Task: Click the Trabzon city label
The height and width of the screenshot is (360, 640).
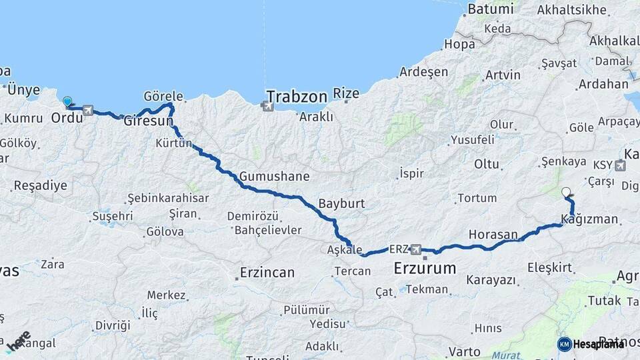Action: click(x=297, y=97)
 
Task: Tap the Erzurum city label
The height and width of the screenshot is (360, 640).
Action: click(x=425, y=269)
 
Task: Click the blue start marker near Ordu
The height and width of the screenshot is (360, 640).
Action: click(x=67, y=102)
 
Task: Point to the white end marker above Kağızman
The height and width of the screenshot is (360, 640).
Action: click(x=566, y=193)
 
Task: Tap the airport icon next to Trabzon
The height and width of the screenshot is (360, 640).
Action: click(x=269, y=105)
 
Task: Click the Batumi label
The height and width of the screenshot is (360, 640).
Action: click(x=491, y=9)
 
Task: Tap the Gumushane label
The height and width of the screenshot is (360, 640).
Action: click(x=274, y=177)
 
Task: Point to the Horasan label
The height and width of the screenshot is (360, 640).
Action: click(x=493, y=235)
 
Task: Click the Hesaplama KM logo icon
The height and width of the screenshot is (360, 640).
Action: click(x=564, y=344)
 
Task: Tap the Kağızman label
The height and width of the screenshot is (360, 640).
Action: click(x=590, y=220)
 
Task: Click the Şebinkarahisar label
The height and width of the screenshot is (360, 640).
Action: click(x=168, y=198)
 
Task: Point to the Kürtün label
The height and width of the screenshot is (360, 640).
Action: click(x=174, y=143)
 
